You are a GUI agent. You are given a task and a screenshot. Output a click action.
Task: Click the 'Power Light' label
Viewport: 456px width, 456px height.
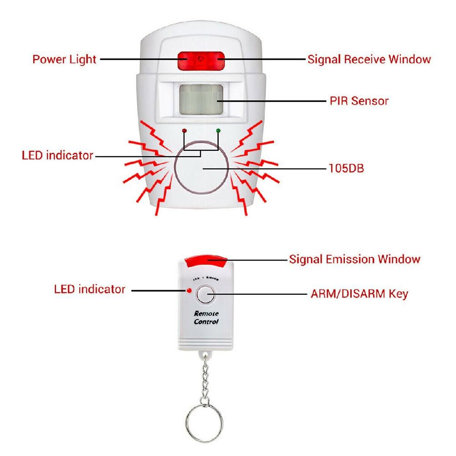[64, 59]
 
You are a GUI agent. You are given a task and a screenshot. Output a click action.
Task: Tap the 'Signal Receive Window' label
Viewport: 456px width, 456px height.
[369, 59]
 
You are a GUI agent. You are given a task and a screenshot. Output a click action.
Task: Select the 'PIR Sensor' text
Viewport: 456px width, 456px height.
[359, 101]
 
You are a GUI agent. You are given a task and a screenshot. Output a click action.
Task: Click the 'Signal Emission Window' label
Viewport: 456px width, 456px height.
[354, 259]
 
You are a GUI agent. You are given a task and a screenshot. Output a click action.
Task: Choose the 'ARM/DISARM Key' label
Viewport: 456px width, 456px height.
[359, 293]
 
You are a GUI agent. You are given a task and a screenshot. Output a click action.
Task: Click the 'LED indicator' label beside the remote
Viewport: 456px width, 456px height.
[89, 289]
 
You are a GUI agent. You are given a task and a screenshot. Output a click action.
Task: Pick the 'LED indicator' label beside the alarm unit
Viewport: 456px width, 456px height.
[57, 155]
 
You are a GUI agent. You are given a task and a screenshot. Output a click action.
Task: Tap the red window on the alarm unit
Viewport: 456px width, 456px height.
[201, 60]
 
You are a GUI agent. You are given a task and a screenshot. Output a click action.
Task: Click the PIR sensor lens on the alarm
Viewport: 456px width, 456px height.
[201, 100]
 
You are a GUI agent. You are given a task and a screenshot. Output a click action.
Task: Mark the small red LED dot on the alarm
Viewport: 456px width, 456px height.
[184, 131]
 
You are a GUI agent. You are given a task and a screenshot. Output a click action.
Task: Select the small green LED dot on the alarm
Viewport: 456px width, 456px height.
[218, 131]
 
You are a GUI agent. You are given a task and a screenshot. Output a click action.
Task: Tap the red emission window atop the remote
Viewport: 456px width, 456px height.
[206, 261]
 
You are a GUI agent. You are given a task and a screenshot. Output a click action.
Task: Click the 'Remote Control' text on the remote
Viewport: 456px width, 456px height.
[206, 318]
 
